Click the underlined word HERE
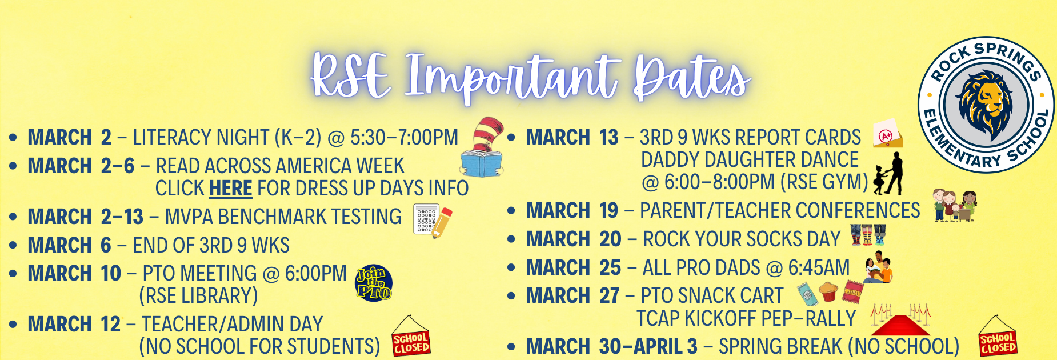pyautogui.click(x=230, y=188)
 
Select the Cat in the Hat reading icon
pyautogui.click(x=483, y=148)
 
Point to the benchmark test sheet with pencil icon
pyautogui.click(x=433, y=220)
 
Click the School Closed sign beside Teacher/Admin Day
pyautogui.click(x=411, y=338)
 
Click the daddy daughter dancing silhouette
pyautogui.click(x=889, y=174)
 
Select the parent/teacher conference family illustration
pyautogui.click(x=955, y=206)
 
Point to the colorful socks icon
pyautogui.click(x=868, y=234)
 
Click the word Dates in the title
pyautogui.click(x=692, y=77)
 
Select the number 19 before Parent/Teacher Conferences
pyautogui.click(x=608, y=211)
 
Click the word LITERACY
pyautogui.click(x=172, y=138)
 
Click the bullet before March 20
pyautogui.click(x=511, y=239)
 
